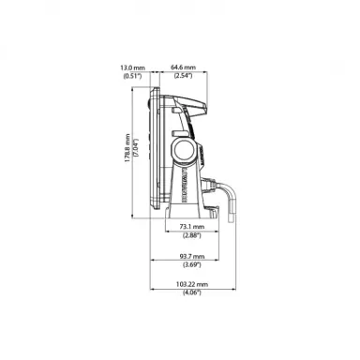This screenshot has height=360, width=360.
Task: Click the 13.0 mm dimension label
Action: [x=133, y=67]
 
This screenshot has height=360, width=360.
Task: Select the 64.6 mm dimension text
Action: [x=183, y=67]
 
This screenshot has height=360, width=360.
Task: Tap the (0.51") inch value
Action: [x=132, y=76]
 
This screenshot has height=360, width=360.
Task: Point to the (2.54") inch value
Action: [x=183, y=76]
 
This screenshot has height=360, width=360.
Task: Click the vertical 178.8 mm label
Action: [x=127, y=148]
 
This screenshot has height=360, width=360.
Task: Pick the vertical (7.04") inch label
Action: [x=136, y=148]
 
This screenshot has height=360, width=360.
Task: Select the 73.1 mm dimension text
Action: [x=192, y=227]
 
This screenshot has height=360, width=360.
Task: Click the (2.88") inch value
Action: [x=192, y=235]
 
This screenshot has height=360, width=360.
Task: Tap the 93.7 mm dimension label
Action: [x=192, y=256]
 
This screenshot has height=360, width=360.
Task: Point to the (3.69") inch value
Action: [x=192, y=265]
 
